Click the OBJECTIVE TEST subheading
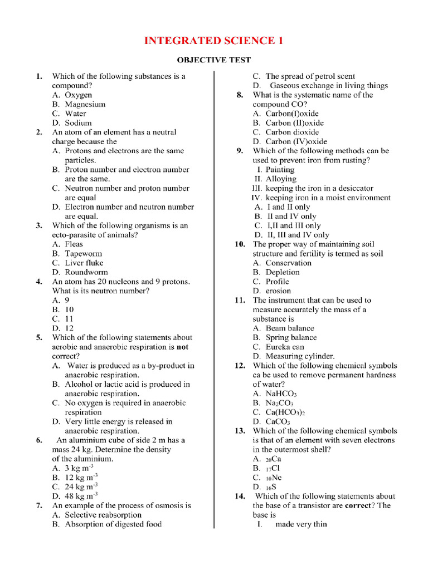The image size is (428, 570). click(x=214, y=60)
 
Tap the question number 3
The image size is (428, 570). click(x=40, y=225)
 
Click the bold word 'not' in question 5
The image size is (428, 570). click(x=182, y=347)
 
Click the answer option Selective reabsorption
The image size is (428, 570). click(x=97, y=515)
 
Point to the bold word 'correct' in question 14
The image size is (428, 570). click(x=361, y=505)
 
